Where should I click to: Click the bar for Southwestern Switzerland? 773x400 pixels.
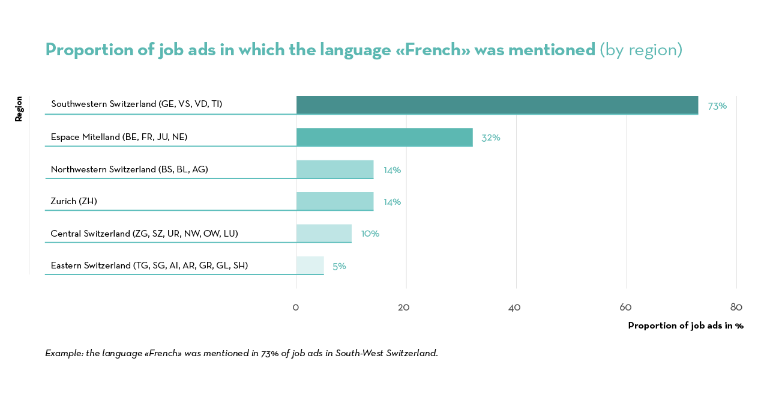(x=497, y=105)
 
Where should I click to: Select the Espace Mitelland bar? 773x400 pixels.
(x=384, y=137)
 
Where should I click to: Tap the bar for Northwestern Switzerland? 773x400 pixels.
(x=335, y=169)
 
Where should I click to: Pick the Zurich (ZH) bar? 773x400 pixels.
(x=335, y=201)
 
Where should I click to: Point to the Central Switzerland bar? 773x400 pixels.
(x=324, y=233)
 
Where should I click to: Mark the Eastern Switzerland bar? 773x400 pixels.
(x=310, y=265)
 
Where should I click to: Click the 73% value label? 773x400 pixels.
(x=717, y=106)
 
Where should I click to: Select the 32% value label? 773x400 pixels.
(x=490, y=138)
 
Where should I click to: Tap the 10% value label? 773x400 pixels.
(x=370, y=234)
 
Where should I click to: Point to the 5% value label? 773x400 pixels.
(x=339, y=266)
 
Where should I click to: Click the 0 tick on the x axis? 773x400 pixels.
(x=296, y=308)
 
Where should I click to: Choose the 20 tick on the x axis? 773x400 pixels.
(x=404, y=308)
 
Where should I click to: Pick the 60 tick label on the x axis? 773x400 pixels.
(x=625, y=308)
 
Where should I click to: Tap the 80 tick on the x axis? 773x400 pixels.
(x=736, y=308)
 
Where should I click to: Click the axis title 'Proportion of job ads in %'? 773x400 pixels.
(x=685, y=326)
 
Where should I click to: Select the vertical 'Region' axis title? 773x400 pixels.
(x=19, y=109)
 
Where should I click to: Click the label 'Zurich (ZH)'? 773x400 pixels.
(x=74, y=201)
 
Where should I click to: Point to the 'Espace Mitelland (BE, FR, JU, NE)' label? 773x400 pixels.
(x=119, y=137)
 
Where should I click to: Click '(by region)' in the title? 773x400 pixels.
(x=641, y=49)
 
